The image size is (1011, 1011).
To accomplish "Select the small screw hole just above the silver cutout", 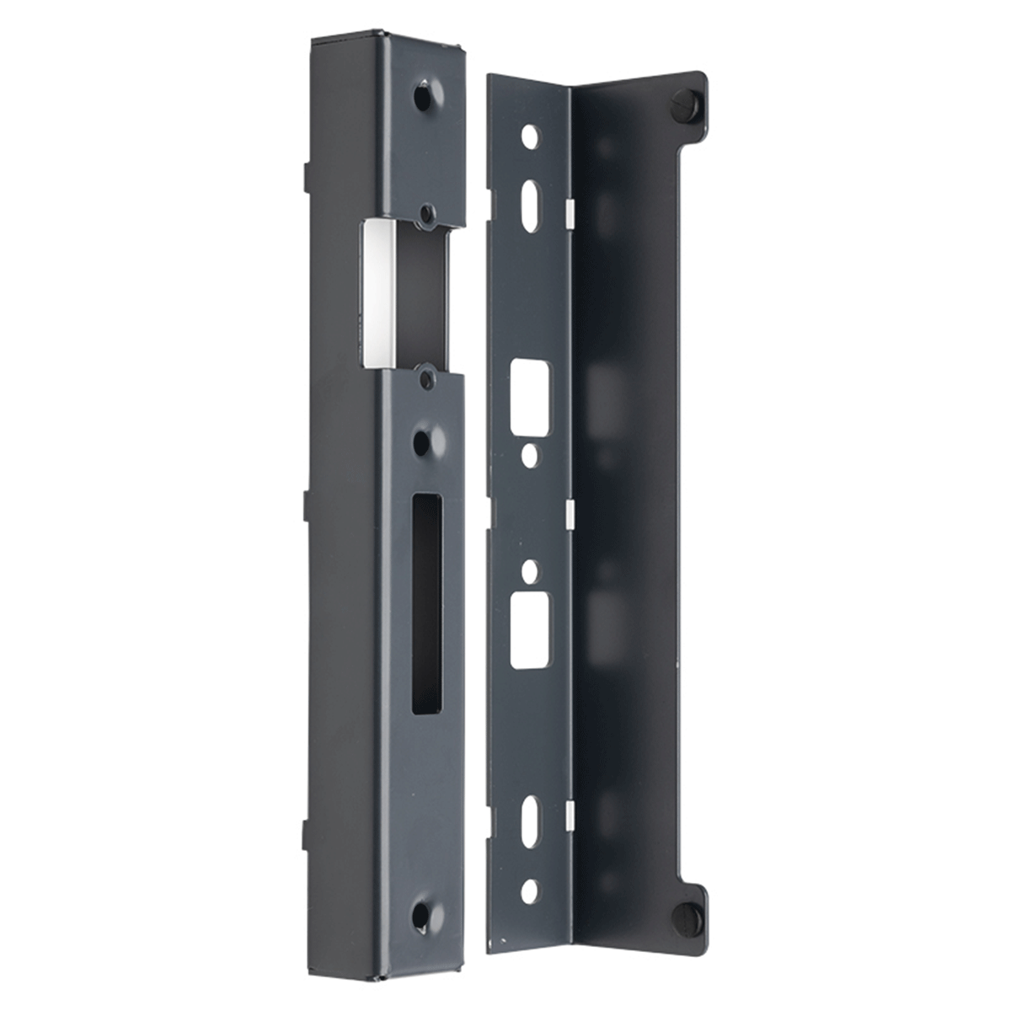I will pyautogui.click(x=427, y=213).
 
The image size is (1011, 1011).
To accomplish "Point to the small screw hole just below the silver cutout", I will pyautogui.click(x=426, y=378).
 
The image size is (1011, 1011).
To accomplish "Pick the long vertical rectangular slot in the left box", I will pyautogui.click(x=426, y=604).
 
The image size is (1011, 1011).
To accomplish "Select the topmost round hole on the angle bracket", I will pyautogui.click(x=529, y=136).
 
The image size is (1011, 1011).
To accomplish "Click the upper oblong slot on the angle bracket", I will pyautogui.click(x=531, y=203).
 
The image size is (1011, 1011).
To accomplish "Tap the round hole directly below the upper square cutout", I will pyautogui.click(x=530, y=456).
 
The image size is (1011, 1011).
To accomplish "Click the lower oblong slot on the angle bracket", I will pyautogui.click(x=529, y=821).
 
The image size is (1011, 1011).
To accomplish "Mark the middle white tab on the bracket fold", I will pyautogui.click(x=570, y=511).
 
